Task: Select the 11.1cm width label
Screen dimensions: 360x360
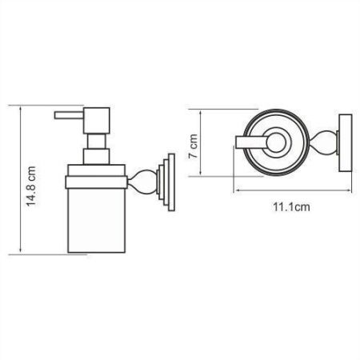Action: click(290, 207)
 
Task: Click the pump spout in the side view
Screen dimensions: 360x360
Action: click(67, 115)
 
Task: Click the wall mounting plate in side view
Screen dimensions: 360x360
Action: click(166, 180)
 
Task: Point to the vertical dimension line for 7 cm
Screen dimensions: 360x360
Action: click(206, 144)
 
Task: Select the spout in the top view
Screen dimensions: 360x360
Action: click(250, 143)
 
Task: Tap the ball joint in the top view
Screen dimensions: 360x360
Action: click(325, 144)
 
